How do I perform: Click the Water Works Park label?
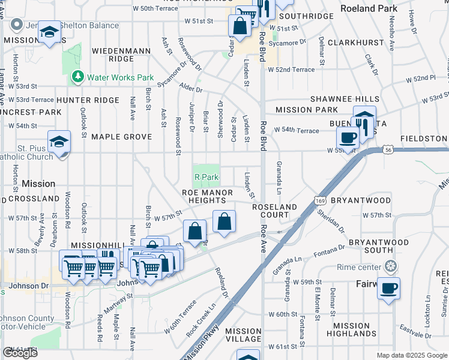[x=121, y=77]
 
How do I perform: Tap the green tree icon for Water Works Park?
[x=77, y=77]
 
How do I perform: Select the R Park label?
[x=206, y=177]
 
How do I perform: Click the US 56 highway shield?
[x=389, y=151]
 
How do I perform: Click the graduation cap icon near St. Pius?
[x=59, y=142]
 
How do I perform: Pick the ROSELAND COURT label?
[x=274, y=211]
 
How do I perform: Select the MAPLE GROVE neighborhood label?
[x=121, y=137]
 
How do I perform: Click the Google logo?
[x=20, y=353]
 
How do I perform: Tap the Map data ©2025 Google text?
[x=411, y=355]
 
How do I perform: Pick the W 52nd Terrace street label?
[x=291, y=70]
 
